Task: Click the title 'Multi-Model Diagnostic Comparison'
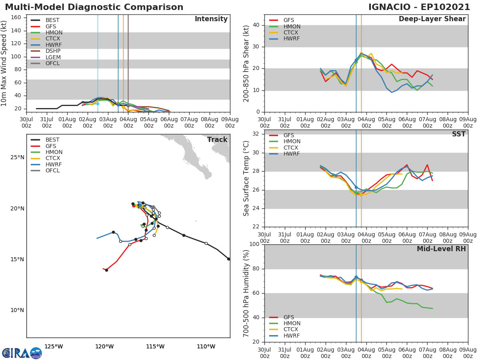94,7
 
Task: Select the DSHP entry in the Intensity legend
53,51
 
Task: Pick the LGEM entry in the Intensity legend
53,57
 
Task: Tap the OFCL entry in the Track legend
52,171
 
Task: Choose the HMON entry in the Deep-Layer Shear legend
292,26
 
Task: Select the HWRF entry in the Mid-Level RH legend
292,336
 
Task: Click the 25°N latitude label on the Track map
17,158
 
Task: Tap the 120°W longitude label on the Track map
104,347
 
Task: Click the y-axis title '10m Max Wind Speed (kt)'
4,63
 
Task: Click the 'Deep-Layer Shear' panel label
432,19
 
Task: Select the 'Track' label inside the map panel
217,140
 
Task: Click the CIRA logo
22,353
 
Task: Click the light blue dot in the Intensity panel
98,104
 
